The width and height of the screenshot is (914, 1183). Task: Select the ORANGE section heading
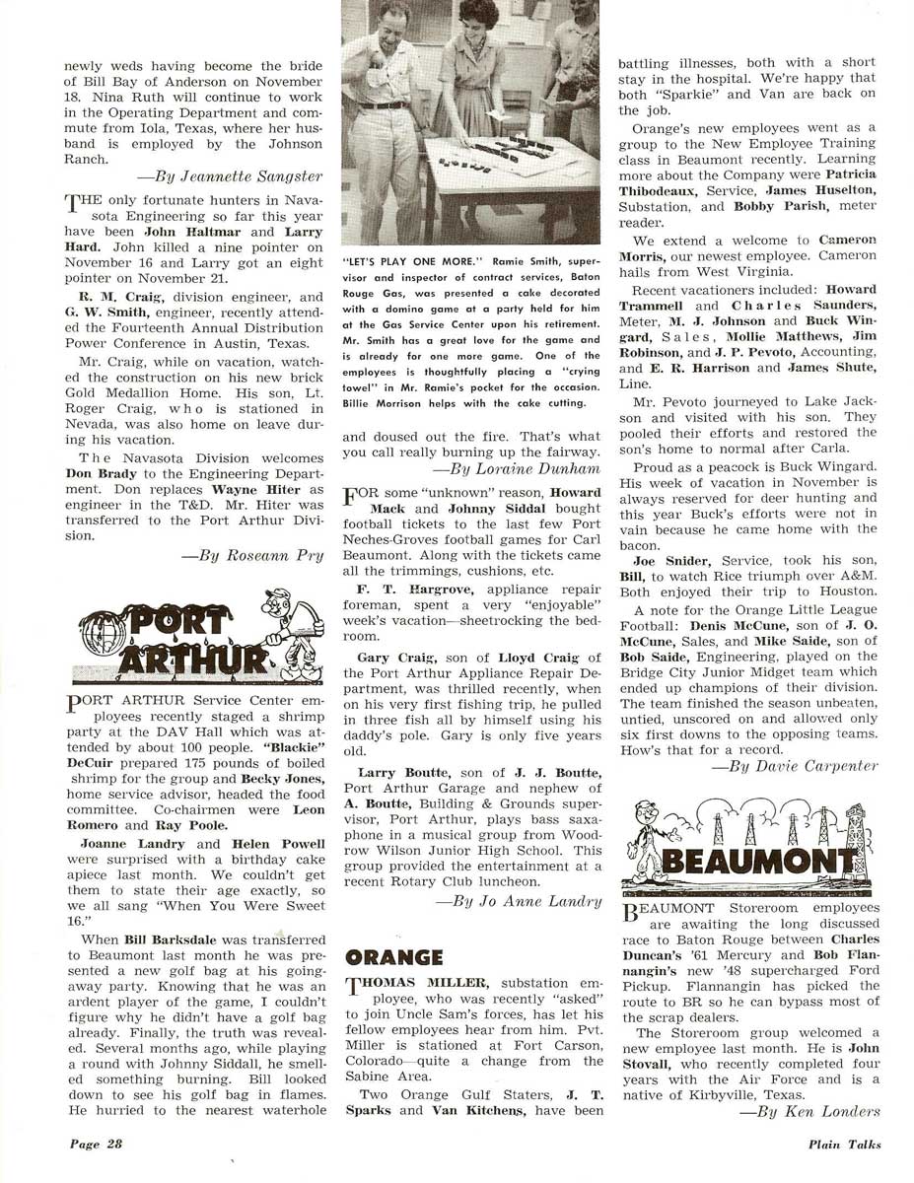pyautogui.click(x=394, y=957)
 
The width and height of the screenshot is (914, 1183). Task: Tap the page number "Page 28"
pyautogui.click(x=95, y=1145)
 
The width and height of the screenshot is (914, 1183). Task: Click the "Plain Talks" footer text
pyautogui.click(x=841, y=1145)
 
